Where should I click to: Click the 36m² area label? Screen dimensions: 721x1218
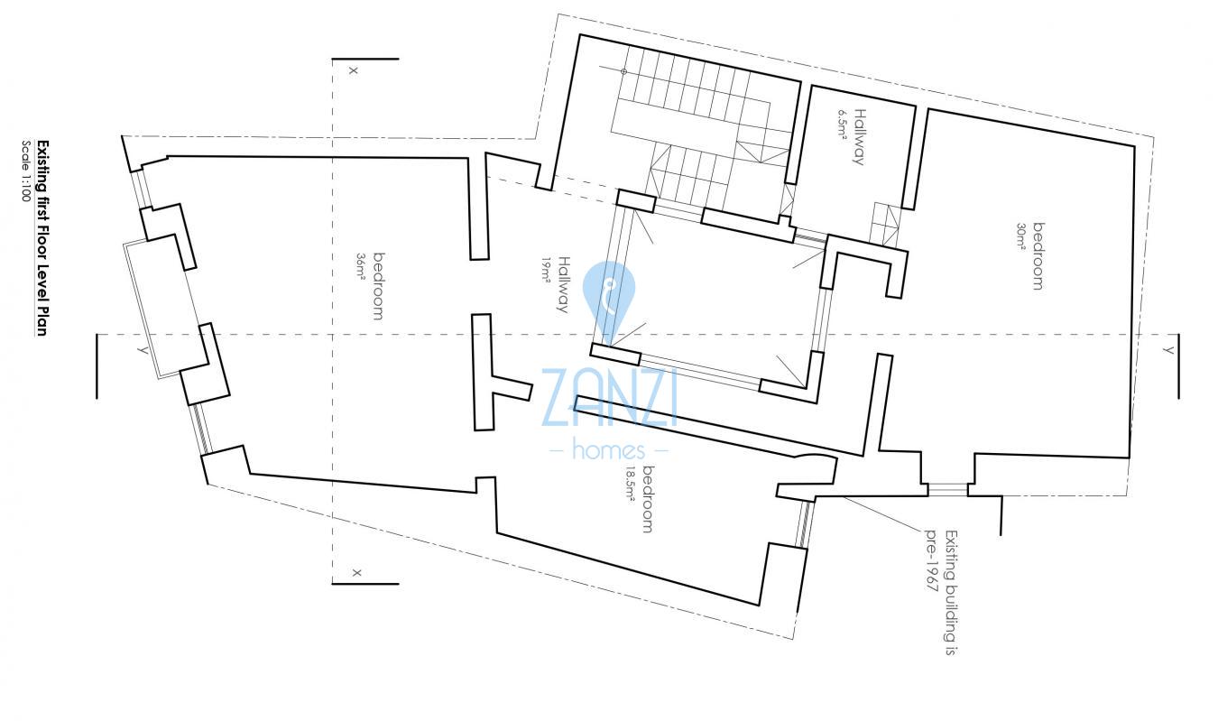[361, 268]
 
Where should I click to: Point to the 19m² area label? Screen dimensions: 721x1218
[547, 270]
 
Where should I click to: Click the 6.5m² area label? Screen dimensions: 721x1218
[842, 125]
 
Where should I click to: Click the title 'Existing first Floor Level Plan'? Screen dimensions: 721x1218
[42, 238]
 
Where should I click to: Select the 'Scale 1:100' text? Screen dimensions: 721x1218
[26, 171]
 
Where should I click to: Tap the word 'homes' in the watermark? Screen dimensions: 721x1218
[609, 449]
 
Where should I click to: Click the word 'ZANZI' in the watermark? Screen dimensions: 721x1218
[609, 397]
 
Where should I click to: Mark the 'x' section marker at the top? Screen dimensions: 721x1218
[353, 69]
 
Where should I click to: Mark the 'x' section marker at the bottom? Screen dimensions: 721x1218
[356, 572]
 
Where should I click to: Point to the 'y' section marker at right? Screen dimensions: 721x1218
[1168, 350]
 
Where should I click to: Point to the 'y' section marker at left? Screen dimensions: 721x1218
[143, 349]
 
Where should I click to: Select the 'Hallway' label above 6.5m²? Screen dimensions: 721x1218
[859, 137]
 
